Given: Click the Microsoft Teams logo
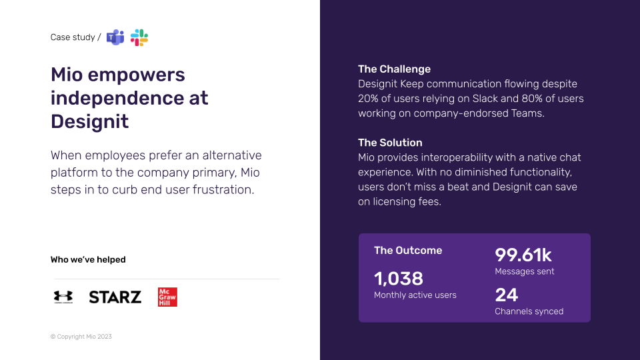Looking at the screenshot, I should (x=115, y=37).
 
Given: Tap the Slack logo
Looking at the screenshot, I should (x=139, y=37).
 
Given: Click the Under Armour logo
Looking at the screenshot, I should (x=63, y=297).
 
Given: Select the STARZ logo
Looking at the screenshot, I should (x=115, y=297).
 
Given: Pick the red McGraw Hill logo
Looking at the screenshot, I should (x=167, y=297).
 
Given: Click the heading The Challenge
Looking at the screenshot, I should (x=394, y=69).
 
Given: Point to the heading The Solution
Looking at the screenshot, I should (x=390, y=142).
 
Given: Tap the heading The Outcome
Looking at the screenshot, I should (x=408, y=250).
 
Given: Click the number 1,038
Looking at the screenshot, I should (x=399, y=278).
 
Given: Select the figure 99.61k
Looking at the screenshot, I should (x=523, y=255).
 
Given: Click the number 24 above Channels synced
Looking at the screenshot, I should (x=507, y=295).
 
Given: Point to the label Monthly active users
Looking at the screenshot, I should (x=415, y=295).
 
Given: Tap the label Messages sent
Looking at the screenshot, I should (x=525, y=271).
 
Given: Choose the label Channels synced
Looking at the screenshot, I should (x=529, y=311).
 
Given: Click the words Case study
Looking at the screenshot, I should (x=73, y=37).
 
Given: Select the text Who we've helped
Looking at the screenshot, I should (x=88, y=259).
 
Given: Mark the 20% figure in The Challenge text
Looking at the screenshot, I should (x=370, y=99).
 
